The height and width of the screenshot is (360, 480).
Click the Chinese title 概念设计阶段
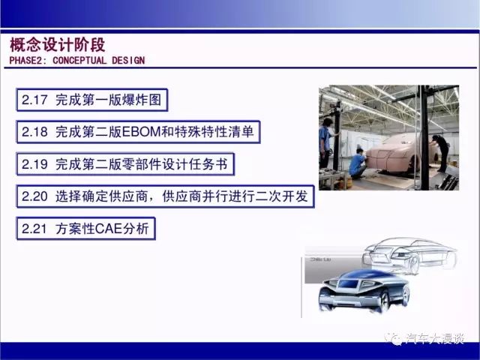58,45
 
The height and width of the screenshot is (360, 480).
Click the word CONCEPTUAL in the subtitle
79,60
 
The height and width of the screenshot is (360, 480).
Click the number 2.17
34,100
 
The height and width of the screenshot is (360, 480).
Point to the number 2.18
34,132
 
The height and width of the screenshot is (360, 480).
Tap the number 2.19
34,164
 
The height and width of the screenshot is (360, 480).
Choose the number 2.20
34,196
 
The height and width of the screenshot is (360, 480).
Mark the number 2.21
34,229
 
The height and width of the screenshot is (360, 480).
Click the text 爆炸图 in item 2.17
142,100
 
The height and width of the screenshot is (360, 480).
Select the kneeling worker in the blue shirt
358,163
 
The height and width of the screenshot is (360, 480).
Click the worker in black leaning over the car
440,152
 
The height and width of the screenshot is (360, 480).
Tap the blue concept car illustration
364,291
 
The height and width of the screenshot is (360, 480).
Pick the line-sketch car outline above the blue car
409,255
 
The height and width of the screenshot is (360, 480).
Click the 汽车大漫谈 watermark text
435,338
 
